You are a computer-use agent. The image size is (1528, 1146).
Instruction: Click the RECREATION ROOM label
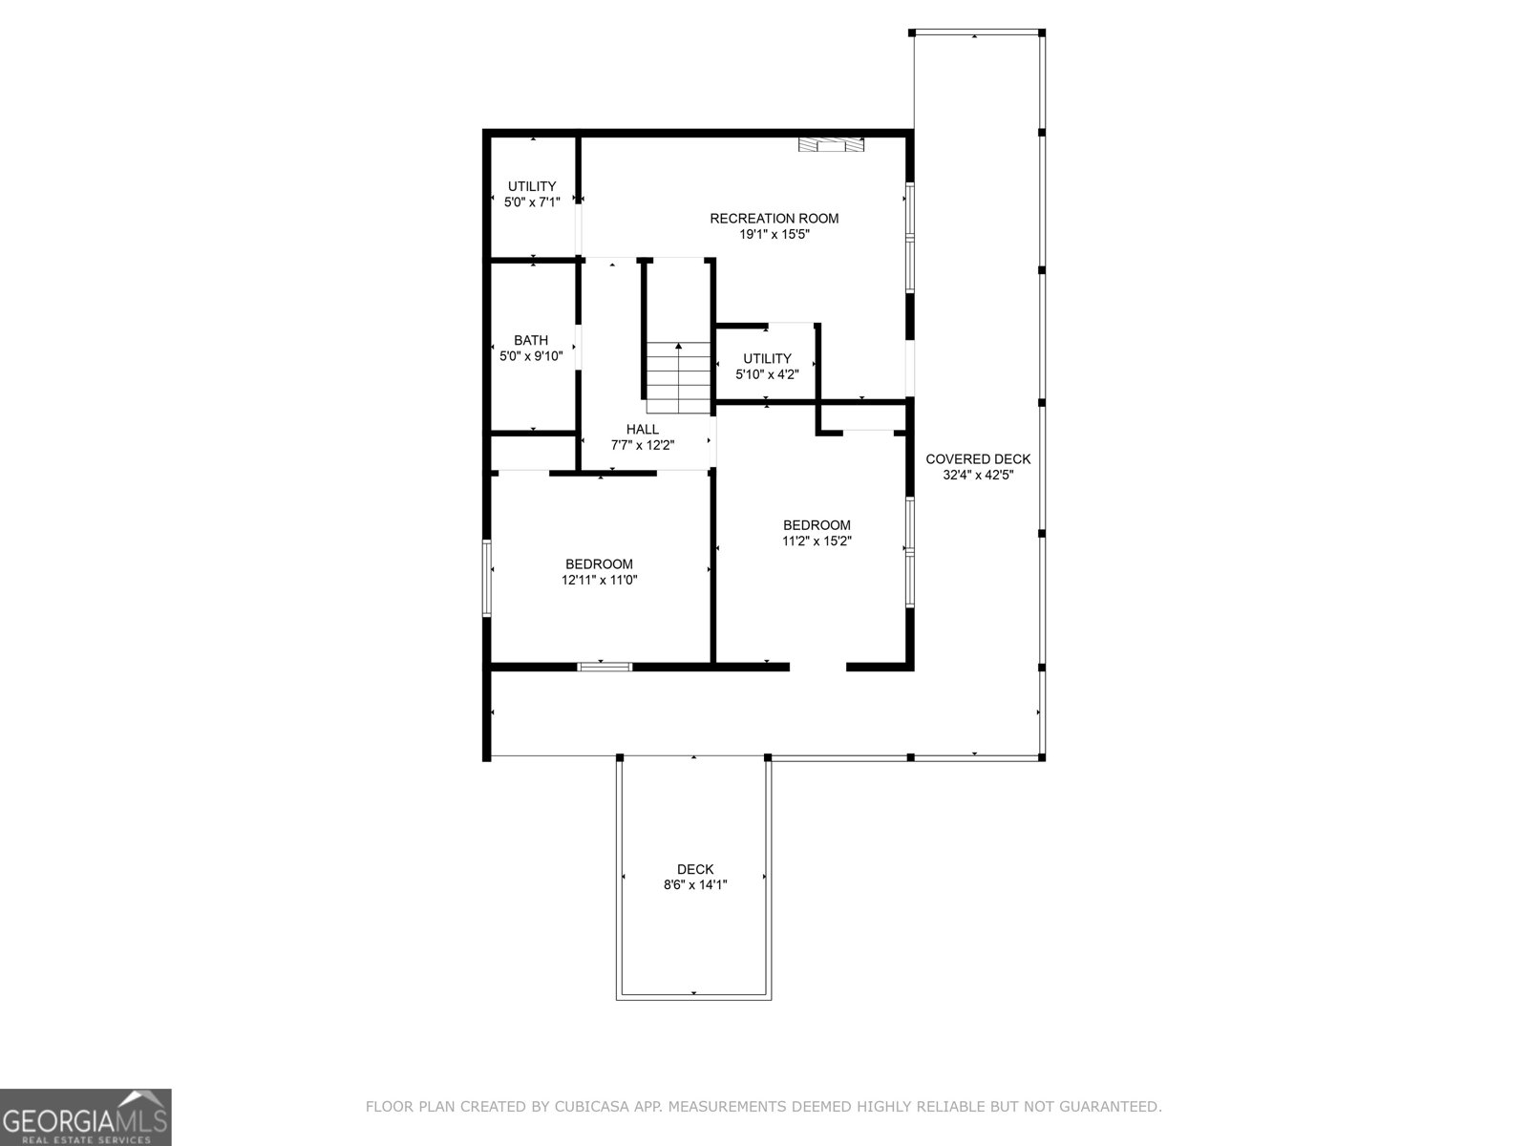point(774,219)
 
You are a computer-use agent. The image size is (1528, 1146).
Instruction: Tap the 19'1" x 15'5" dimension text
point(774,234)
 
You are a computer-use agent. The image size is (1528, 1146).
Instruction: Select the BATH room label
point(531,340)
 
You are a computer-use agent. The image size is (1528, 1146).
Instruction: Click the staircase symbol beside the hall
point(679,377)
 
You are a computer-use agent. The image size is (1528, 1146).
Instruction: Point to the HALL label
point(643,430)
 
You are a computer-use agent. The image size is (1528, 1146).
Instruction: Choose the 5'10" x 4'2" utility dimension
point(767,374)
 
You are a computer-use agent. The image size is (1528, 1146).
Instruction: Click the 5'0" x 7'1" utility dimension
point(532,202)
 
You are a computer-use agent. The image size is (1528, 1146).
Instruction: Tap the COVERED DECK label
point(978,459)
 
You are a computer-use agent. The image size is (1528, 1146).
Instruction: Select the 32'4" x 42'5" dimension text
point(978,475)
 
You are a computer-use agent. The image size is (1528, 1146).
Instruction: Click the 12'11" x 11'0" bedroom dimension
point(599,580)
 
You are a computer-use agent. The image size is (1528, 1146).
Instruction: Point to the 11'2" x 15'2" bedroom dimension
point(817,541)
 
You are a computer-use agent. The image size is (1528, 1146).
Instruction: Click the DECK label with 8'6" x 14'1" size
point(695,869)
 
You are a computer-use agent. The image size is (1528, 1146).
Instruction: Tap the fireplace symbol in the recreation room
point(832,145)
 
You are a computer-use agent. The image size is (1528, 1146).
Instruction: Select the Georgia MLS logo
point(86,1116)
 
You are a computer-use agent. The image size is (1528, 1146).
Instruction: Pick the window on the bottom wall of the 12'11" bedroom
point(605,667)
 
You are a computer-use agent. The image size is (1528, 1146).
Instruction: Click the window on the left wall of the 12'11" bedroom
point(487,577)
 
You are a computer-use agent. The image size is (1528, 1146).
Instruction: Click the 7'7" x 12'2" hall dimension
point(643,445)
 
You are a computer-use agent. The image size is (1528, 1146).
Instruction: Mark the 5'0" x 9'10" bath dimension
point(531,356)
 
